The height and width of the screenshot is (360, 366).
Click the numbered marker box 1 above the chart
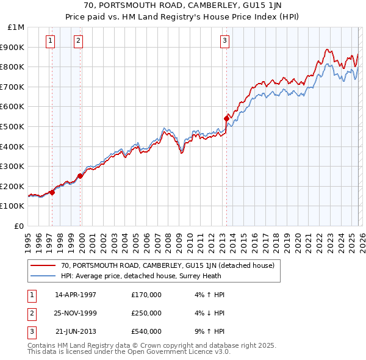click(49, 41)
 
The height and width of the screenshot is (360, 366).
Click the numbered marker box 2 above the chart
click(79, 41)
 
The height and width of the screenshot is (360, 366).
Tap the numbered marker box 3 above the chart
click(224, 41)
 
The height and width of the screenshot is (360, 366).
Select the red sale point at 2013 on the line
click(226, 118)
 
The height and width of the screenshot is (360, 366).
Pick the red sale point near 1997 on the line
click(52, 192)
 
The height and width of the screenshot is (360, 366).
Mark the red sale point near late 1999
click(81, 176)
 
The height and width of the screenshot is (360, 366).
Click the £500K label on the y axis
click(13, 126)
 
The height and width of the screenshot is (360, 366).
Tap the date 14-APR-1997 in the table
click(76, 295)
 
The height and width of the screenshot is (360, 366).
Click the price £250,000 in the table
click(146, 313)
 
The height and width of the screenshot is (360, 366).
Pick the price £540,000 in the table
click(146, 331)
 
